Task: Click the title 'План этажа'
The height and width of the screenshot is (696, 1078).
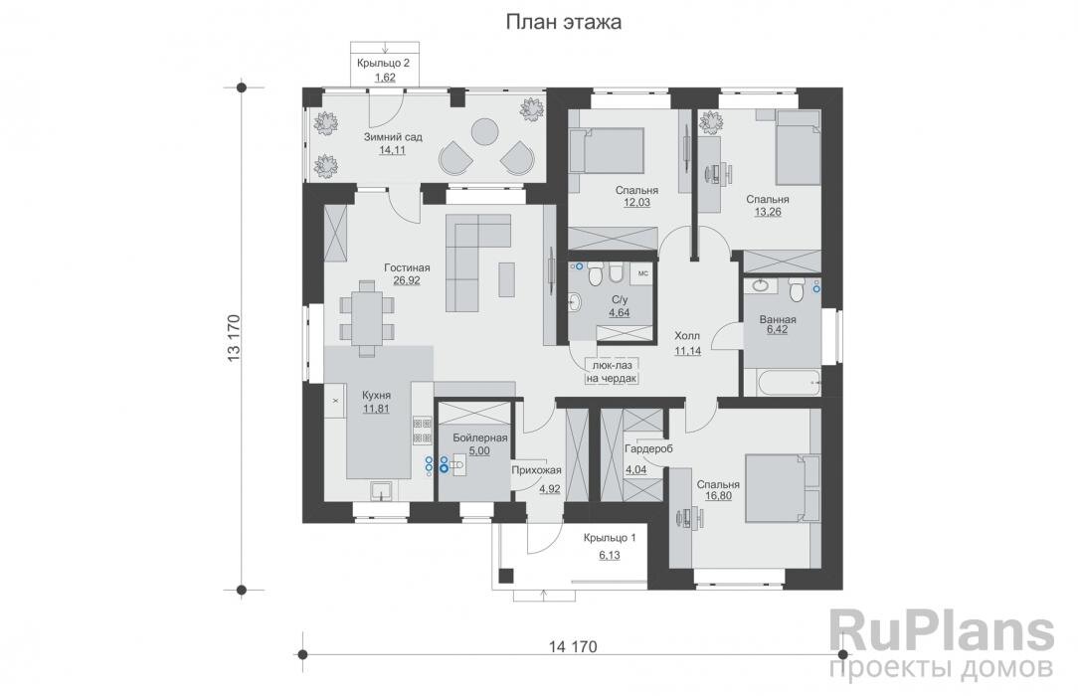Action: click(564, 23)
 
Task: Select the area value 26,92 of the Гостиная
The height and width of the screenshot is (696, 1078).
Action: click(406, 280)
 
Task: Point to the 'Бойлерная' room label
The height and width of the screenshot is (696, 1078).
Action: click(479, 437)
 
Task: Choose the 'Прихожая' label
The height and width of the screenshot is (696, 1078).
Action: click(537, 470)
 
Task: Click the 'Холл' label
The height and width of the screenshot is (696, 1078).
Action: click(687, 336)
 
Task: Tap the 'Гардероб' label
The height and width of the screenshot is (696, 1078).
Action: click(648, 449)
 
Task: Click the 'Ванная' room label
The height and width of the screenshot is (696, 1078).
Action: click(776, 320)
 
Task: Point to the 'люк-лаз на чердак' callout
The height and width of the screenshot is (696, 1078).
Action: click(611, 371)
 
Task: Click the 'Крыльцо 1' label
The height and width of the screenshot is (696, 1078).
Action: click(610, 537)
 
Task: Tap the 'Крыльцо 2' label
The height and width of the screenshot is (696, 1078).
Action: click(383, 63)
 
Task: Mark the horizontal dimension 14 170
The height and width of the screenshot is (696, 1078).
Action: click(572, 647)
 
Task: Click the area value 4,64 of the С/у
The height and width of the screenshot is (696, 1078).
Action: click(620, 312)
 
